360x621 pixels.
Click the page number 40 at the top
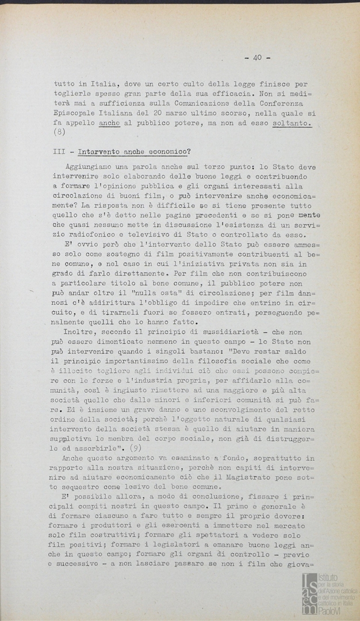click(257, 57)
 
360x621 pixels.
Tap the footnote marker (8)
click(60, 133)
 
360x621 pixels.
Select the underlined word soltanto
click(292, 123)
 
